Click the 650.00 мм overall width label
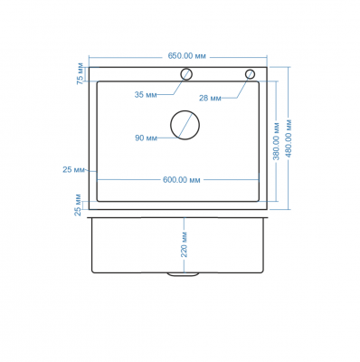(187, 56)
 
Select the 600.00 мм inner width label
(182, 180)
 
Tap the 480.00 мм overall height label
(289, 138)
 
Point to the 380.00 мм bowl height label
(277, 141)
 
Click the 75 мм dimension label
(81, 73)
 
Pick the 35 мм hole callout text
(146, 95)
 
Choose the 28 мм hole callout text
(210, 98)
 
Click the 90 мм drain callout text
(146, 138)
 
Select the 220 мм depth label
(185, 244)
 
